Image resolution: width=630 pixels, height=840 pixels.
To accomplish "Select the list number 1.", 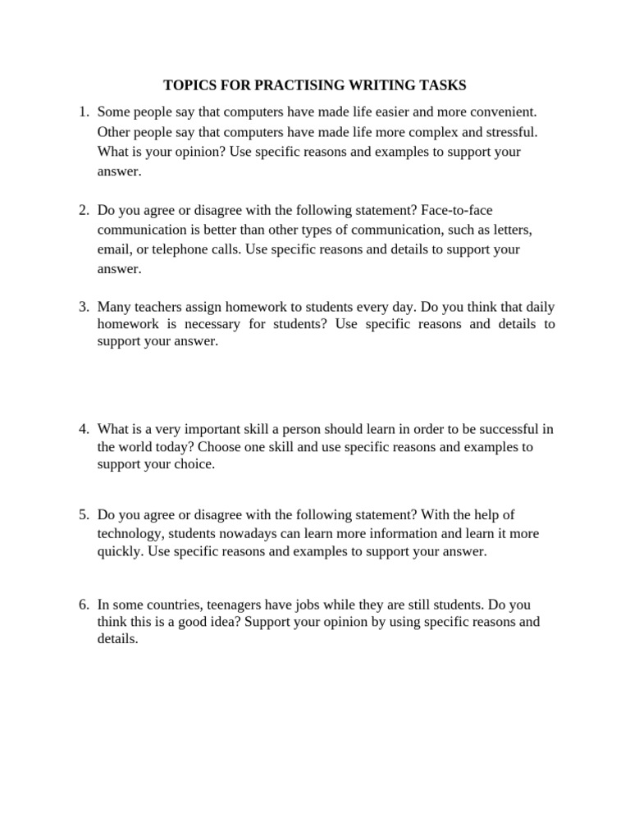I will pos(83,111).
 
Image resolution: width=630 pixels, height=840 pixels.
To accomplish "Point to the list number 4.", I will pos(83,429).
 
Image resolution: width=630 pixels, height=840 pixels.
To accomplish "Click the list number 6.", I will pos(83,605).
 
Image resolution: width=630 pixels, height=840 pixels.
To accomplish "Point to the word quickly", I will pos(119,552).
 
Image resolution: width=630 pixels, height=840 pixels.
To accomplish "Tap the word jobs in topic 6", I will pos(317,605).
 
